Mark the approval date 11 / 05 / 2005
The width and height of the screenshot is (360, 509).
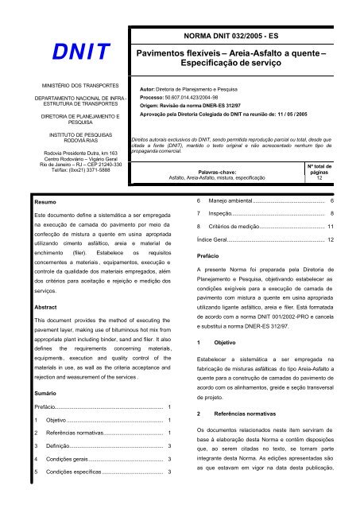point(296,114)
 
